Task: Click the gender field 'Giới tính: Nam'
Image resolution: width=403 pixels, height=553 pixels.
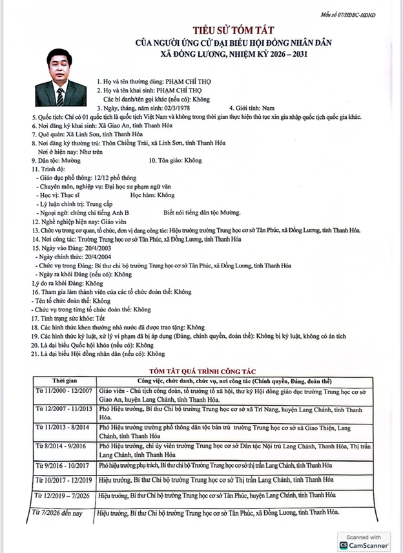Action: (x=253, y=107)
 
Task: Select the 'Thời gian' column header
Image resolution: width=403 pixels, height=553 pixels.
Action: (x=63, y=382)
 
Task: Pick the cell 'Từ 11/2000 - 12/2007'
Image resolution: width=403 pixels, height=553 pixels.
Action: (x=63, y=391)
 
